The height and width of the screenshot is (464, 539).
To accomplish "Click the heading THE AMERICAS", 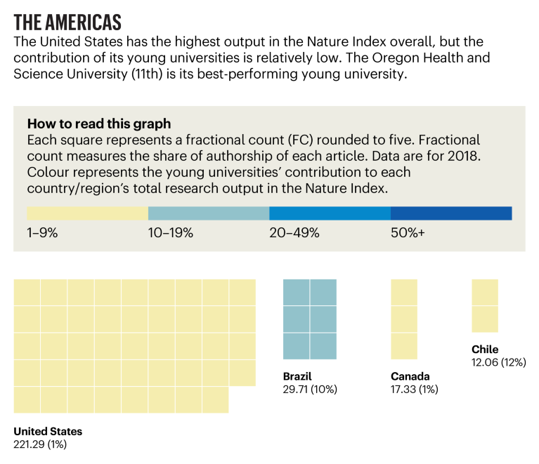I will coord(67,20).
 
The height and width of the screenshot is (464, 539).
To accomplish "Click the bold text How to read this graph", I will coord(98,124).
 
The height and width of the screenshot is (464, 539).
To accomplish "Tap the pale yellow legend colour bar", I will coord(87,213).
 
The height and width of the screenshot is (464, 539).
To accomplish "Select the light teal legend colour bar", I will coord(209,213).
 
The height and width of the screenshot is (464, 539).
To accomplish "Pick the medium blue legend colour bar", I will coord(330,213).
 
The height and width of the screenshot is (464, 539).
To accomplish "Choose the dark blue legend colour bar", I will coord(451,213).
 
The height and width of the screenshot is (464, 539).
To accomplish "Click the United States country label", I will coord(48,432).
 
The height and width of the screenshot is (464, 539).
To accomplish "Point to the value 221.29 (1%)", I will coord(40,444).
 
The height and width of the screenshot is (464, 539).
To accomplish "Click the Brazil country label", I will coord(297,376).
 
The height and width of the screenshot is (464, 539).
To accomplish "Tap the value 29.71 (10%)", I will coord(310,389).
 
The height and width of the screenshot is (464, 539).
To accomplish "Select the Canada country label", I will coord(410,376).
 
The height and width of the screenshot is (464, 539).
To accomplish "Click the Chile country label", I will coord(485,350).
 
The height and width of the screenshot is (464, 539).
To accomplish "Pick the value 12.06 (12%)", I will coord(498,362).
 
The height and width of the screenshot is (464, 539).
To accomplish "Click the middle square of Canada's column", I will coord(404,319).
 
